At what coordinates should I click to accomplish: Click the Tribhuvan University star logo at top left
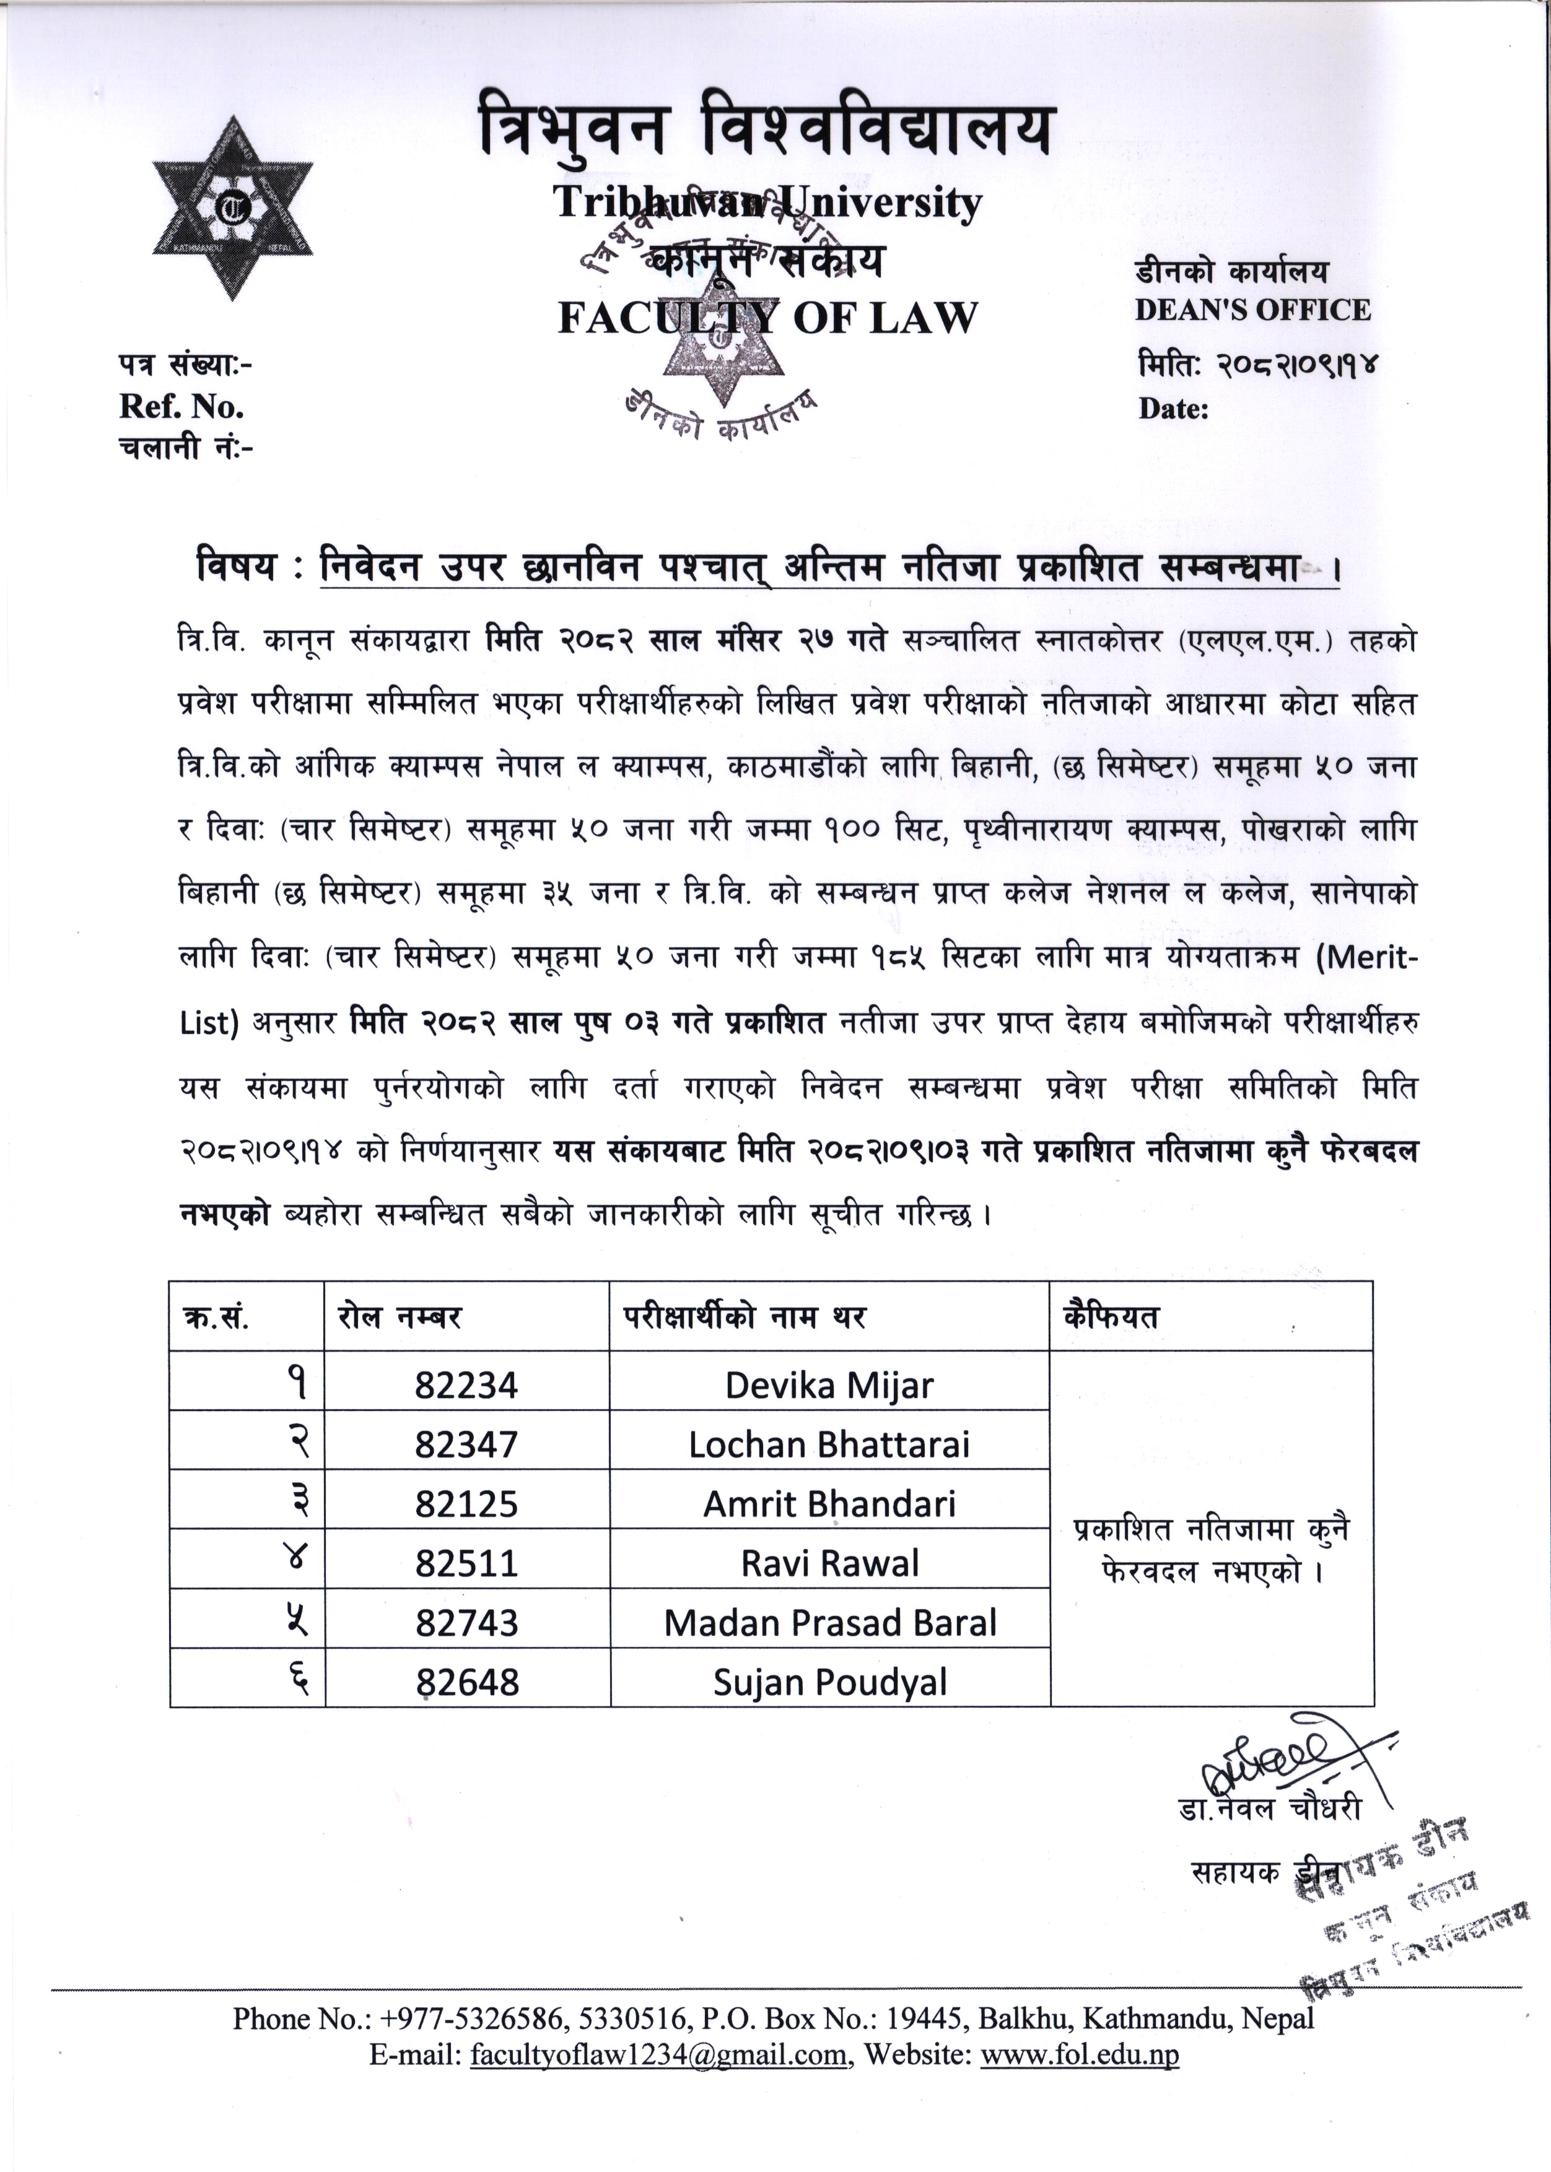tap(232, 207)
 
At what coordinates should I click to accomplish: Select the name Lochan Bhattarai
tap(829, 1444)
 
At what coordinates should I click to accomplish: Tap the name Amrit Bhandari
tap(829, 1504)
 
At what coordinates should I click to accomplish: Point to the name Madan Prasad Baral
tap(829, 1623)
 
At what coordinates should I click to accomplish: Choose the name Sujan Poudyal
tap(829, 1682)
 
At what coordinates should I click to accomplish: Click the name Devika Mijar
tap(829, 1385)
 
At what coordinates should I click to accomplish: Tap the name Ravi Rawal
tap(829, 1563)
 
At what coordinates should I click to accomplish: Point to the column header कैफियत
tap(1111, 1318)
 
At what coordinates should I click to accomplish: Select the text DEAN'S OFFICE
tap(1252, 310)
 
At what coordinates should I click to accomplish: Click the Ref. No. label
tap(181, 407)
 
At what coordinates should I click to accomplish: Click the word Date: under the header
tap(1173, 410)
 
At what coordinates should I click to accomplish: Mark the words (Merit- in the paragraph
tap(1366, 958)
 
